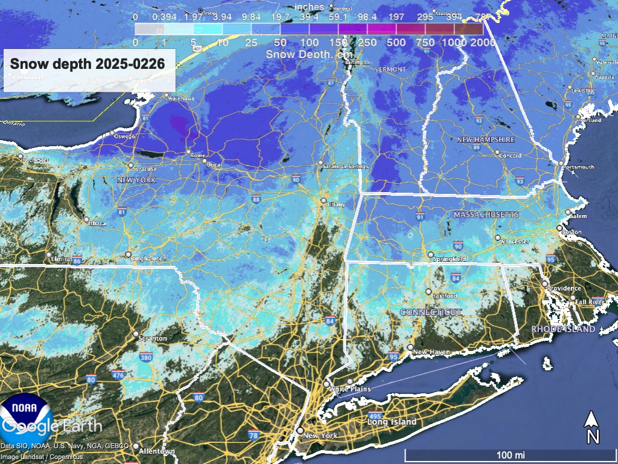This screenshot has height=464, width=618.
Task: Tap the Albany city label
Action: pyautogui.click(x=336, y=205)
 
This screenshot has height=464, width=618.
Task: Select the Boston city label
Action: pyautogui.click(x=572, y=232)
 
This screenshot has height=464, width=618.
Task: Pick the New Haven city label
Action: pyautogui.click(x=430, y=352)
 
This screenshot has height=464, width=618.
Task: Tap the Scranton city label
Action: pyautogui.click(x=153, y=339)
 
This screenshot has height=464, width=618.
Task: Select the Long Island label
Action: pyautogui.click(x=392, y=422)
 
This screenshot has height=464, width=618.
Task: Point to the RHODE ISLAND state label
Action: pyautogui.click(x=563, y=329)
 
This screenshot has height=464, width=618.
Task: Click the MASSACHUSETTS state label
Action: pyautogui.click(x=486, y=215)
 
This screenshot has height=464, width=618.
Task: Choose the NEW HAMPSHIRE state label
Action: pyautogui.click(x=486, y=140)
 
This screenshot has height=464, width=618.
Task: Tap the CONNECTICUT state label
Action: pyautogui.click(x=431, y=312)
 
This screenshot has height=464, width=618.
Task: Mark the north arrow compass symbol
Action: pyautogui.click(x=593, y=427)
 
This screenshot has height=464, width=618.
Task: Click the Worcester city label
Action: pyautogui.click(x=515, y=242)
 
